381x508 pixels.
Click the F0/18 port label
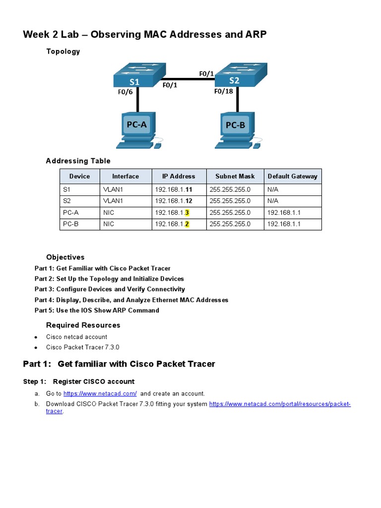pos(224,91)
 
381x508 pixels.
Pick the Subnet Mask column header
pos(235,176)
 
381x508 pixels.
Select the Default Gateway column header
pos(292,176)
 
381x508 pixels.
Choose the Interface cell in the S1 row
pos(113,189)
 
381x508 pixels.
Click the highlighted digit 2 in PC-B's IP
pos(187,224)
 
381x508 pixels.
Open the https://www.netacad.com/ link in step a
pos(100,393)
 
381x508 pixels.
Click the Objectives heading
pos(65,257)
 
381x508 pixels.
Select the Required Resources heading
pos(83,325)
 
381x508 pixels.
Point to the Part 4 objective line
pos(131,300)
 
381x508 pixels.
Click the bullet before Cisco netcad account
pos(36,337)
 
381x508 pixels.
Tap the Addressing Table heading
pos(78,161)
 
